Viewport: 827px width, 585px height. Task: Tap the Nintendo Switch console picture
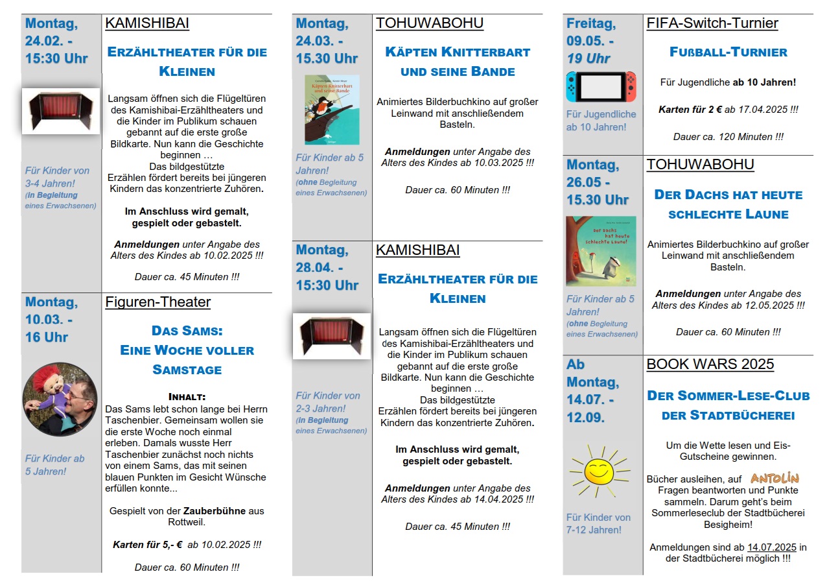pos(601,87)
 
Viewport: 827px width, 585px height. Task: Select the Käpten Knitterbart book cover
pos(332,110)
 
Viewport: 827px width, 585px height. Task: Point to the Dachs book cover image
pos(601,251)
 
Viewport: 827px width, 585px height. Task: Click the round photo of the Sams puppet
pos(60,399)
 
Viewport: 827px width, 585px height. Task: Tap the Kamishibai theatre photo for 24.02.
pos(61,111)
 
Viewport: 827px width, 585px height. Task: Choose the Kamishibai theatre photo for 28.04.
pos(332,336)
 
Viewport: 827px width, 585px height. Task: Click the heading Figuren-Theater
pos(157,302)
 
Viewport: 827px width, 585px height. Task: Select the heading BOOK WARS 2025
pos(710,364)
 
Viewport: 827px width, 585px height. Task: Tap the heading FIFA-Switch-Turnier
pos(712,24)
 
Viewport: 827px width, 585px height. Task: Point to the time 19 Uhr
pos(588,58)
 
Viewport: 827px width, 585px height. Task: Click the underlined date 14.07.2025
pos(772,547)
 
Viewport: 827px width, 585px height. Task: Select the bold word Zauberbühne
pos(214,510)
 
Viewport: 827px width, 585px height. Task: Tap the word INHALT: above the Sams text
pos(187,397)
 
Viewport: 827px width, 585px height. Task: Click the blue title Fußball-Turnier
pos(728,52)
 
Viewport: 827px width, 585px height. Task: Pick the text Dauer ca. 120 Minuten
pos(728,137)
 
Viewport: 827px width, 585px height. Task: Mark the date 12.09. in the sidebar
pos(586,418)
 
